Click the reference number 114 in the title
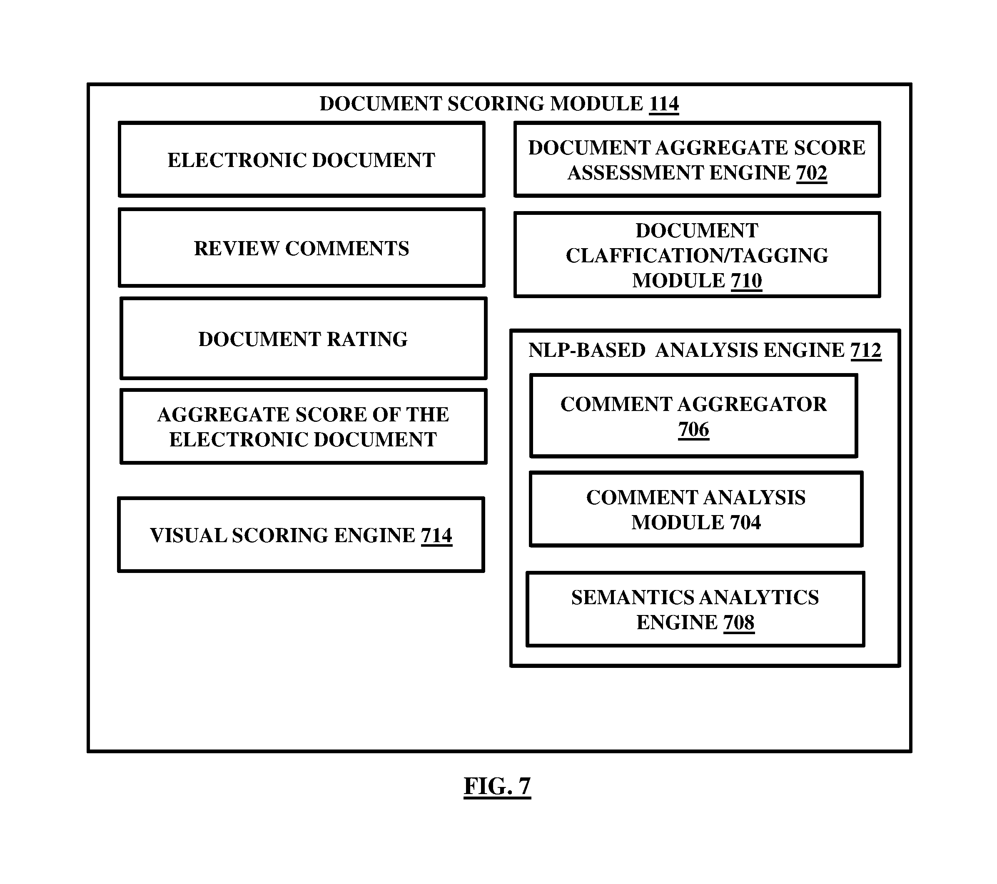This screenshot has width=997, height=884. click(663, 104)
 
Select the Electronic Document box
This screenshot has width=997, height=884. click(302, 159)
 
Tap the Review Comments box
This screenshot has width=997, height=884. click(302, 248)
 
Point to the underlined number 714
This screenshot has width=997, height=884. click(436, 535)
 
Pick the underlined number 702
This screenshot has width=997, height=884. click(812, 173)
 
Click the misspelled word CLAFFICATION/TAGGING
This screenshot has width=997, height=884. click(697, 256)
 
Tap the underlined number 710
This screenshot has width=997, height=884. click(746, 281)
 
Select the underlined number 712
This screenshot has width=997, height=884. click(866, 350)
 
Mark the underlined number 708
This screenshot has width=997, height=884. click(739, 623)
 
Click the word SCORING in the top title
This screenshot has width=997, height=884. click(496, 104)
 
